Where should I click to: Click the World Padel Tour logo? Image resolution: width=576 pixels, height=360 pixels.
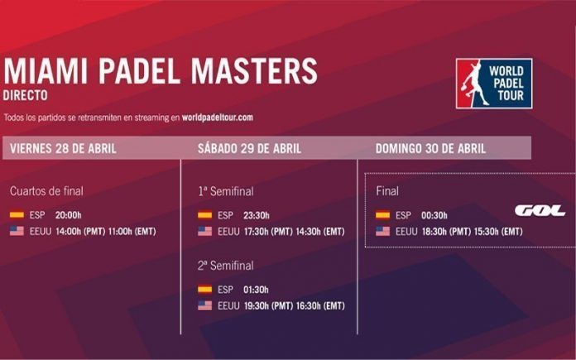click(x=493, y=84)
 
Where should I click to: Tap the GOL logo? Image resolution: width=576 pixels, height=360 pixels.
click(x=539, y=210)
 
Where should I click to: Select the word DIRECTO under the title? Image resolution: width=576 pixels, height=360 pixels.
click(x=26, y=95)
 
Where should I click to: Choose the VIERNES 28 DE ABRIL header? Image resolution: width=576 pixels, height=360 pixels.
click(x=64, y=149)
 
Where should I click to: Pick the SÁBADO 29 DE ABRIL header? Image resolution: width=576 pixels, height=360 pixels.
click(x=249, y=149)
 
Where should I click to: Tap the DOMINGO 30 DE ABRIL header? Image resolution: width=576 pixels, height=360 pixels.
click(x=430, y=149)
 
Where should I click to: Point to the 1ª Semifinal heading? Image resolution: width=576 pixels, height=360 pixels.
click(x=225, y=191)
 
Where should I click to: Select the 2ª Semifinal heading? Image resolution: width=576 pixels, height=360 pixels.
click(x=225, y=266)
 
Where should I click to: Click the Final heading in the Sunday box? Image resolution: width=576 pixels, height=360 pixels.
click(x=387, y=191)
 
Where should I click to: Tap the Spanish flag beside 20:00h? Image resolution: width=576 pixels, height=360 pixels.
click(x=17, y=215)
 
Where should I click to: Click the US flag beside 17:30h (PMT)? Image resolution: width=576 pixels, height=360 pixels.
click(x=205, y=232)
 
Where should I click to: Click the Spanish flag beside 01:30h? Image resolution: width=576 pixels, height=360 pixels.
click(x=205, y=290)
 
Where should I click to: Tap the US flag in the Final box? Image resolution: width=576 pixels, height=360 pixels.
click(x=383, y=232)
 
